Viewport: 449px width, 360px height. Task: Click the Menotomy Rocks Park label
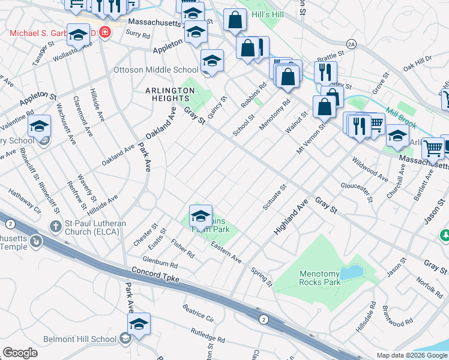click(x=320, y=278)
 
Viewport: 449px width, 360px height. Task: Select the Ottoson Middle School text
click(x=155, y=70)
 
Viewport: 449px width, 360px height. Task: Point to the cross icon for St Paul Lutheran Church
click(x=55, y=226)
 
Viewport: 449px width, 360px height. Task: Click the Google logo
click(x=20, y=353)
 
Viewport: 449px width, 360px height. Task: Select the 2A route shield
click(x=352, y=44)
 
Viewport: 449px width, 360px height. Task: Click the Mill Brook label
click(x=401, y=118)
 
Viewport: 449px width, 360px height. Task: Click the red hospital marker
click(x=106, y=31)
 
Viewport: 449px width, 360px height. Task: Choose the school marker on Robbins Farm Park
click(x=200, y=215)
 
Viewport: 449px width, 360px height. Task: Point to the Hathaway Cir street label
click(x=25, y=202)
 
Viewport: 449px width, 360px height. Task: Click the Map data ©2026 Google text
click(x=411, y=355)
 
